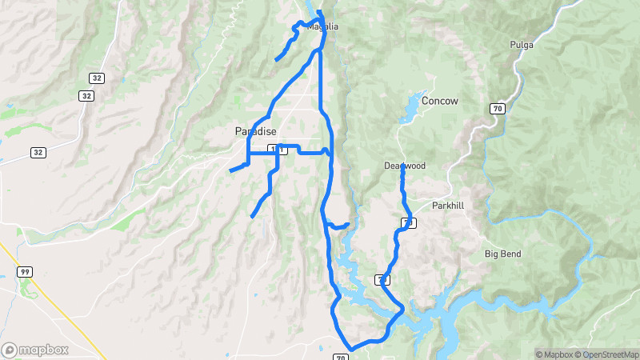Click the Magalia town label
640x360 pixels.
click(323, 26)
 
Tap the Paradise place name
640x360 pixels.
click(255, 131)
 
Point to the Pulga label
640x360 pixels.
click(521, 45)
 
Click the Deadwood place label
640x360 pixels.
click(404, 166)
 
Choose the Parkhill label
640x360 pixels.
click(447, 206)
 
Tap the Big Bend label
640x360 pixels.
click(502, 254)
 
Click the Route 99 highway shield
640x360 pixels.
click(25, 272)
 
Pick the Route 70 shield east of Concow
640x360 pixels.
click(498, 107)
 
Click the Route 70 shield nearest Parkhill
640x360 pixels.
click(408, 222)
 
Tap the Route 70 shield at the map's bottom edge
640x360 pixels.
click(342, 357)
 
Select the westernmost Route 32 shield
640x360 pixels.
click(38, 152)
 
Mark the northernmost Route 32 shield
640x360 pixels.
click(96, 78)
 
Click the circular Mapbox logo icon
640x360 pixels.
click(10, 350)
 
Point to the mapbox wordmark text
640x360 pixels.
click(45, 350)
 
